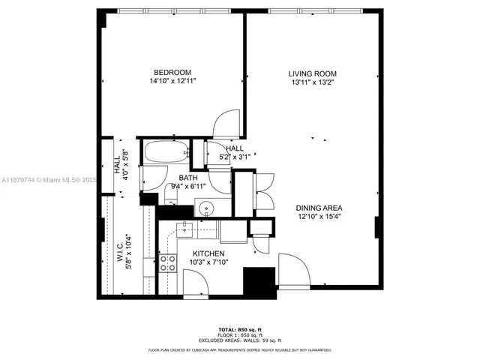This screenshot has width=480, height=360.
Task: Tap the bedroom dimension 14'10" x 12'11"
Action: pyautogui.click(x=172, y=81)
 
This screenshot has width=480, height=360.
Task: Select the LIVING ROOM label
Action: pyautogui.click(x=312, y=73)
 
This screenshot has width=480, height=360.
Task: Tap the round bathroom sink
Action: pyautogui.click(x=204, y=208)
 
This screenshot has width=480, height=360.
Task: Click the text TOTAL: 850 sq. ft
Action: pyautogui.click(x=239, y=329)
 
